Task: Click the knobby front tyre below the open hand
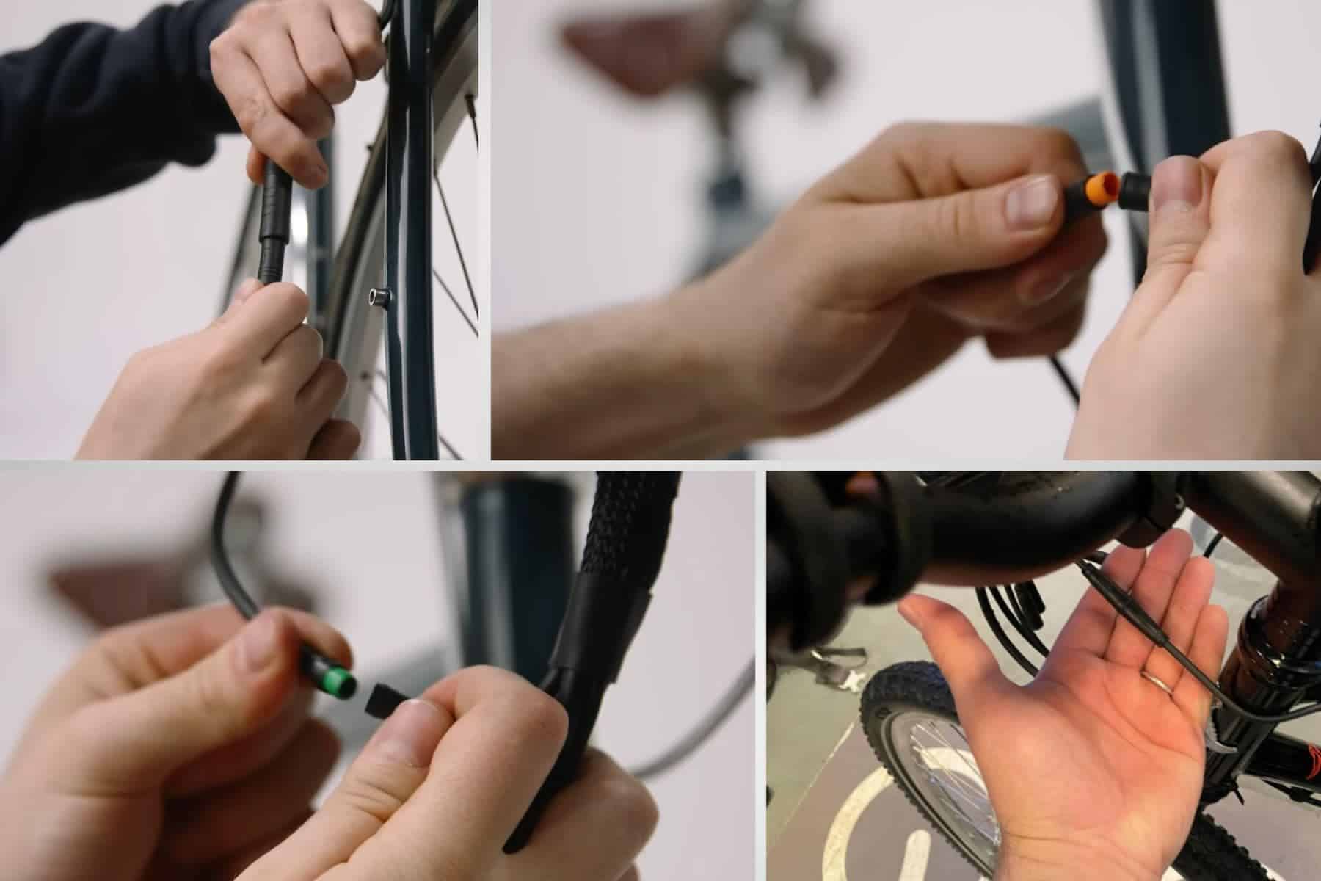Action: (x=903, y=734)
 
